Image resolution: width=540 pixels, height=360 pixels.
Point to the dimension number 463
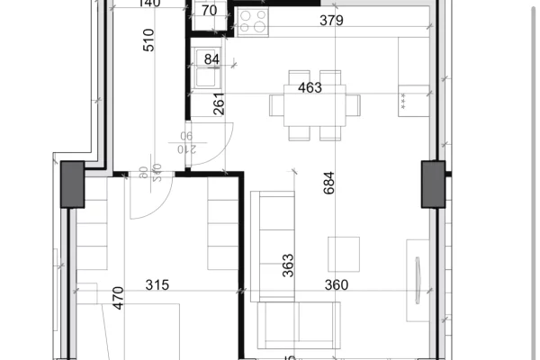(310, 87)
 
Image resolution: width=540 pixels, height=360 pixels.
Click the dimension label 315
(157, 285)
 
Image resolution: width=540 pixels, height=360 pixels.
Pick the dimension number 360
(337, 285)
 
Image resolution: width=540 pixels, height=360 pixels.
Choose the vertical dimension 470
(117, 298)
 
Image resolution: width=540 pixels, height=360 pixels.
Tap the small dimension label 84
(212, 60)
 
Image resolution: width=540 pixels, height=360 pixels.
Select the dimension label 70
(210, 12)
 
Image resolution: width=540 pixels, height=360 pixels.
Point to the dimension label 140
(150, 4)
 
